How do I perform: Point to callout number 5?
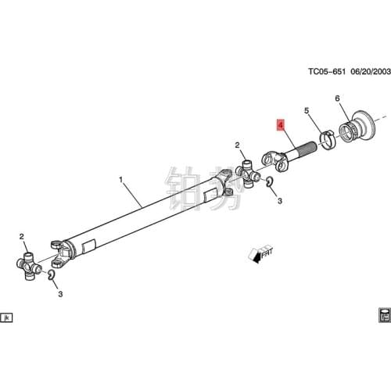pos(307,111)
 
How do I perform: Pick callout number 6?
pos(338,99)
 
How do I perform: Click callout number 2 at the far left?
pos(22,235)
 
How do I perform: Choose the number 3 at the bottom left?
pos(60,294)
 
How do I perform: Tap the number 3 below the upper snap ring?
pos(279,201)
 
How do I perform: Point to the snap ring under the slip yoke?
pos(268,182)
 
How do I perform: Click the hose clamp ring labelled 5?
pos(328,141)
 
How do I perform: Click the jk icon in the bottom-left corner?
pos(6,317)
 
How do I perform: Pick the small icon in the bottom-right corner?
pos(383,315)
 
